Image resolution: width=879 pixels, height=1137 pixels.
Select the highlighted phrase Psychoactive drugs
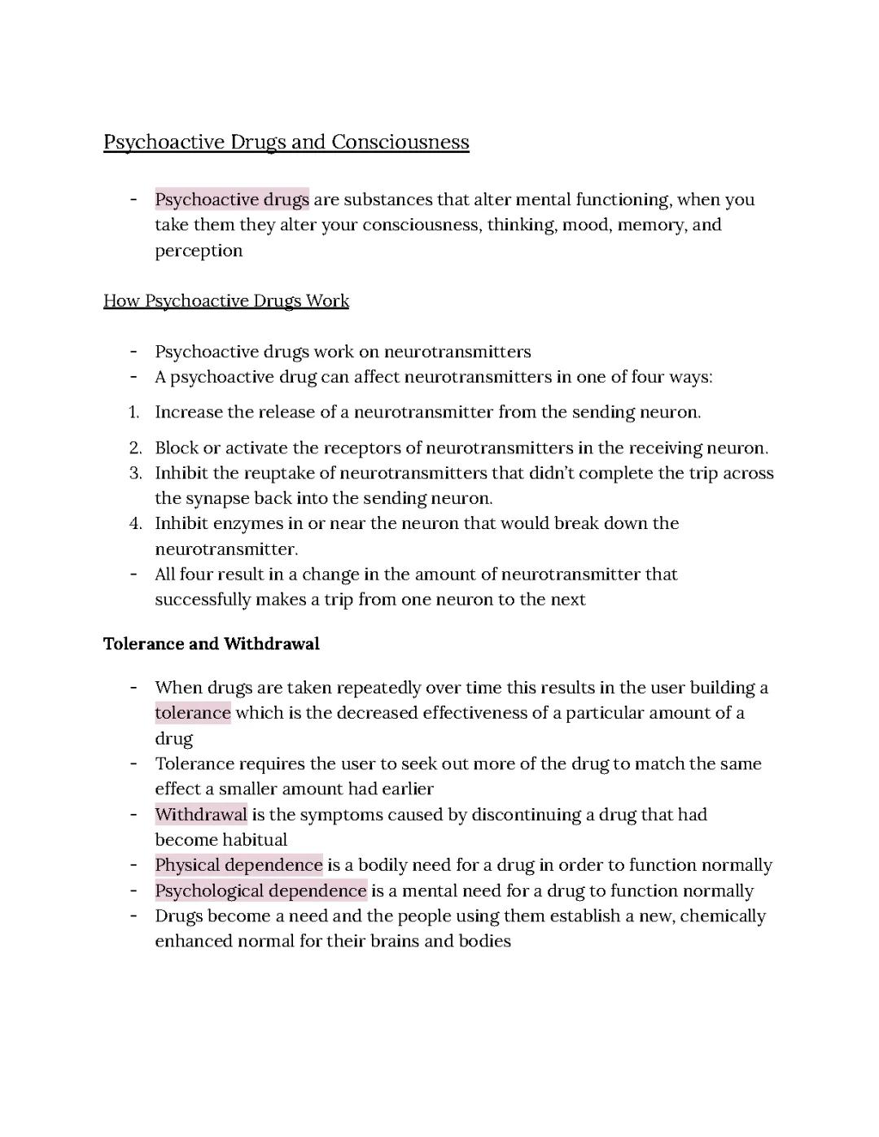[232, 199]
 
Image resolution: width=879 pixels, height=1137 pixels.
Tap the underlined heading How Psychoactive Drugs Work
[226, 301]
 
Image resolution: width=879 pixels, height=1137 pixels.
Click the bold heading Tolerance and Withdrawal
[212, 644]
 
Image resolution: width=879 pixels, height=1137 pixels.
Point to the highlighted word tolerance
[193, 713]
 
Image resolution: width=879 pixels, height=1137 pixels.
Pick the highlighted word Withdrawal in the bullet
[201, 815]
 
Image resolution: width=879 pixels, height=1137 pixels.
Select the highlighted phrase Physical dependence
[239, 865]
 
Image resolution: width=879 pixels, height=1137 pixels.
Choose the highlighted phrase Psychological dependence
[261, 890]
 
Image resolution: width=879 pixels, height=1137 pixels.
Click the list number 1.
[134, 412]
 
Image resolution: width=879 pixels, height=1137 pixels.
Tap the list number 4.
[135, 523]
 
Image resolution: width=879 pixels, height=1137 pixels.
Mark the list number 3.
[135, 473]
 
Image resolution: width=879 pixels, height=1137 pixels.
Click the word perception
[199, 251]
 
